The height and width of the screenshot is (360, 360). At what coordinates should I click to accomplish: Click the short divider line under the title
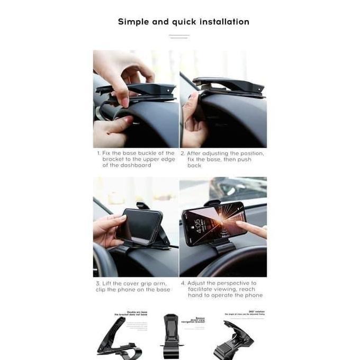[x=179, y=37]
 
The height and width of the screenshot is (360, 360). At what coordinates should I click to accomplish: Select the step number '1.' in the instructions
[x=98, y=153]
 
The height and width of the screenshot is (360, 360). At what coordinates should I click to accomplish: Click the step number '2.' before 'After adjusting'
[x=183, y=153]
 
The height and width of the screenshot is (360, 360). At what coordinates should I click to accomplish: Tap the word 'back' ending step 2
[x=194, y=166]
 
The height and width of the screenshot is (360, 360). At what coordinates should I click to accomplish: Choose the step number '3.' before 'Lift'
[x=98, y=283]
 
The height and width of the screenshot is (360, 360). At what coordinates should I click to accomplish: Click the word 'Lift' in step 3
[x=109, y=283]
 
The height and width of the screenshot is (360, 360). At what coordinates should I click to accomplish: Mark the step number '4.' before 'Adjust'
[x=183, y=283]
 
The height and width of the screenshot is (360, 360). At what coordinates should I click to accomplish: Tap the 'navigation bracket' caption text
[x=194, y=321]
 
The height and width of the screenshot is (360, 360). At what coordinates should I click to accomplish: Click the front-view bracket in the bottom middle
[x=170, y=339]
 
